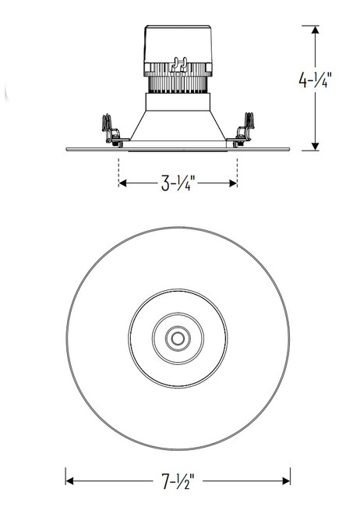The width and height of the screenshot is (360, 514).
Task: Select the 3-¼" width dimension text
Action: click(177, 184)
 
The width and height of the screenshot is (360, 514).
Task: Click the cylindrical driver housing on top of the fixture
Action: click(178, 51)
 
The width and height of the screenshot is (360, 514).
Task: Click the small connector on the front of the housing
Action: click(179, 66)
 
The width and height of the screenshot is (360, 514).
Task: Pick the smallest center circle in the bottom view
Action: click(178, 339)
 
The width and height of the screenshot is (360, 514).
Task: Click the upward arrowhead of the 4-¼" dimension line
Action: click(314, 30)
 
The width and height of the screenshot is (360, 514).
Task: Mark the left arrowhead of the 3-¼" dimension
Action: click(122, 184)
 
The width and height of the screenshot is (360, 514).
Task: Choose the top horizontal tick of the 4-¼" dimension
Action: click(314, 26)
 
